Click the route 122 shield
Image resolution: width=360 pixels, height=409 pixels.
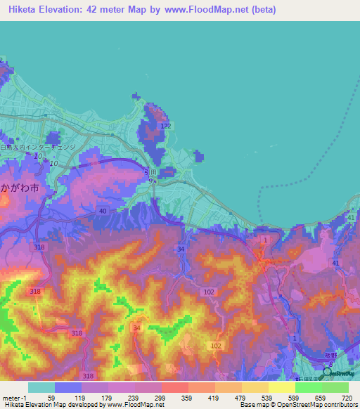[x=165, y=126]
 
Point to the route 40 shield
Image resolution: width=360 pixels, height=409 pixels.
[x=103, y=211]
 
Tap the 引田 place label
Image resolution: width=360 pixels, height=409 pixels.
[x=150, y=170]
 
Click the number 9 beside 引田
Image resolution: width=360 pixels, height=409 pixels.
[x=150, y=181]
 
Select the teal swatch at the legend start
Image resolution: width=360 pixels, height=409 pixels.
[x=41, y=387]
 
